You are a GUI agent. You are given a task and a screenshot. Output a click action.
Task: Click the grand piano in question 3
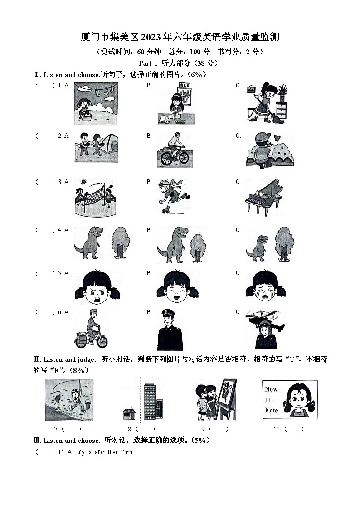[x=264, y=197]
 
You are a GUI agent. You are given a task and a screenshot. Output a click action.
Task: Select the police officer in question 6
[x=170, y=330]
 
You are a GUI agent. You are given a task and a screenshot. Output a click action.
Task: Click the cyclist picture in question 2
[x=172, y=148]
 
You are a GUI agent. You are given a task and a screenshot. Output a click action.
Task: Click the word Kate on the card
[x=272, y=410]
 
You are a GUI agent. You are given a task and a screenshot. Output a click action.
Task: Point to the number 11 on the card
[x=268, y=400]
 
